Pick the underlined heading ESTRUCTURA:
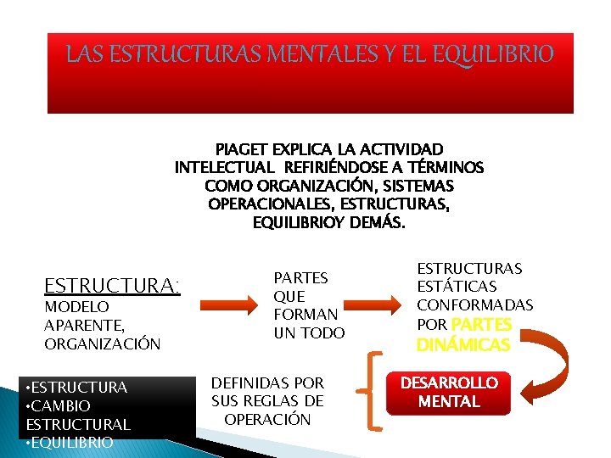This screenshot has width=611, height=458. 112,285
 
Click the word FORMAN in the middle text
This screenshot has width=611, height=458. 305,315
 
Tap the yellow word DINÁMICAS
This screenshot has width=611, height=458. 463,343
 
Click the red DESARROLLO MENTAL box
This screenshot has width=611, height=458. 450,393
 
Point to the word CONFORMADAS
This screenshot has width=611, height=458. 474,305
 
